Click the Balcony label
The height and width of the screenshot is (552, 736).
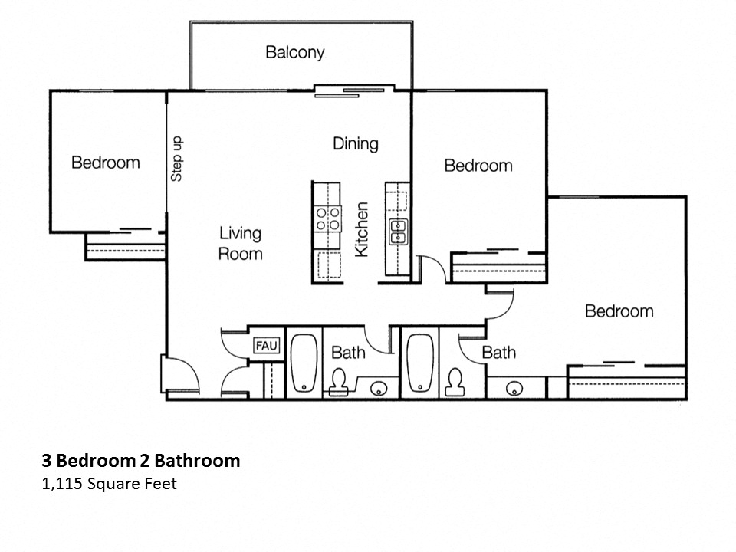[x=295, y=52]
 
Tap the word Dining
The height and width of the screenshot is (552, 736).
[x=355, y=143]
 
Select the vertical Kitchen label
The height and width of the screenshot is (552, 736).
[x=362, y=229]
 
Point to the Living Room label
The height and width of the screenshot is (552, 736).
[x=240, y=243]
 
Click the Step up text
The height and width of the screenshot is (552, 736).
[x=177, y=159]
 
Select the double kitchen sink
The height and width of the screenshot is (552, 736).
[x=399, y=231]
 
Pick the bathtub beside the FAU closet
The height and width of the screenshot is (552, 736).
[x=304, y=362]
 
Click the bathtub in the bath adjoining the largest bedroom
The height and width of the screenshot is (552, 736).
[x=422, y=362]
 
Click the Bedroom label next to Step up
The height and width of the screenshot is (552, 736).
[x=106, y=163]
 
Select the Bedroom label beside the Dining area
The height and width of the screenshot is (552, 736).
[x=478, y=166]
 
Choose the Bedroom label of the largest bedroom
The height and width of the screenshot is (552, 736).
[x=619, y=311]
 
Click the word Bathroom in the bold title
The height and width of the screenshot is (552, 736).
[x=197, y=461]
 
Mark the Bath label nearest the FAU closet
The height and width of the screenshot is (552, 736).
[x=348, y=353]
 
